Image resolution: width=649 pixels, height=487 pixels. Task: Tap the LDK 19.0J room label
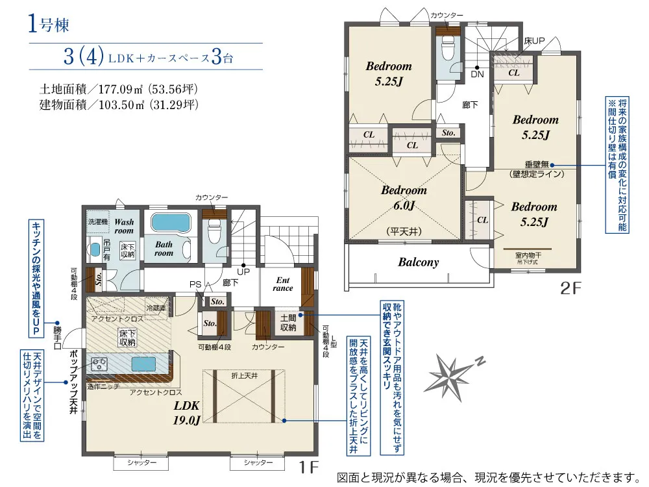pyautogui.click(x=187, y=411)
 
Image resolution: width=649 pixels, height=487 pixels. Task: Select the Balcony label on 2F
pyautogui.click(x=418, y=262)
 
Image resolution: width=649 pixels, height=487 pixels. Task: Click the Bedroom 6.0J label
pyautogui.click(x=404, y=198)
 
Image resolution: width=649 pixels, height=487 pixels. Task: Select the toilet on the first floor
pyautogui.click(x=213, y=229)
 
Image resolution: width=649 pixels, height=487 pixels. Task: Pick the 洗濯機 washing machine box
pyautogui.click(x=97, y=221)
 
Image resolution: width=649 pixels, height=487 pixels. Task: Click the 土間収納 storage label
pyautogui.click(x=288, y=323)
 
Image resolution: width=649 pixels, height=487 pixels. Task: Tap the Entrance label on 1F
pyautogui.click(x=283, y=284)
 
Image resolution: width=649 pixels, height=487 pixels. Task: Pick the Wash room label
pyautogui.click(x=124, y=226)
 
